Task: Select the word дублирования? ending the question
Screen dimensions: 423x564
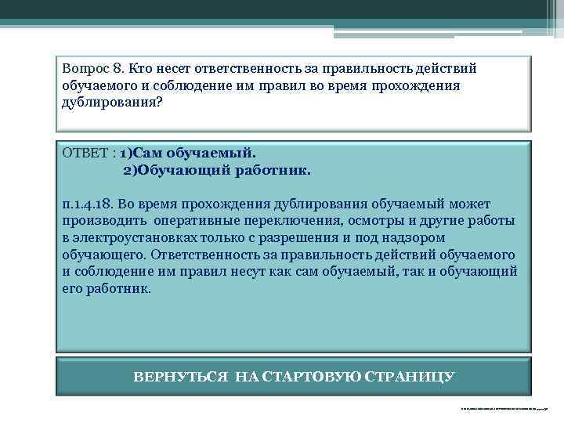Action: pos(112,103)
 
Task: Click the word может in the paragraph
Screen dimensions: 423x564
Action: pos(489,204)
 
